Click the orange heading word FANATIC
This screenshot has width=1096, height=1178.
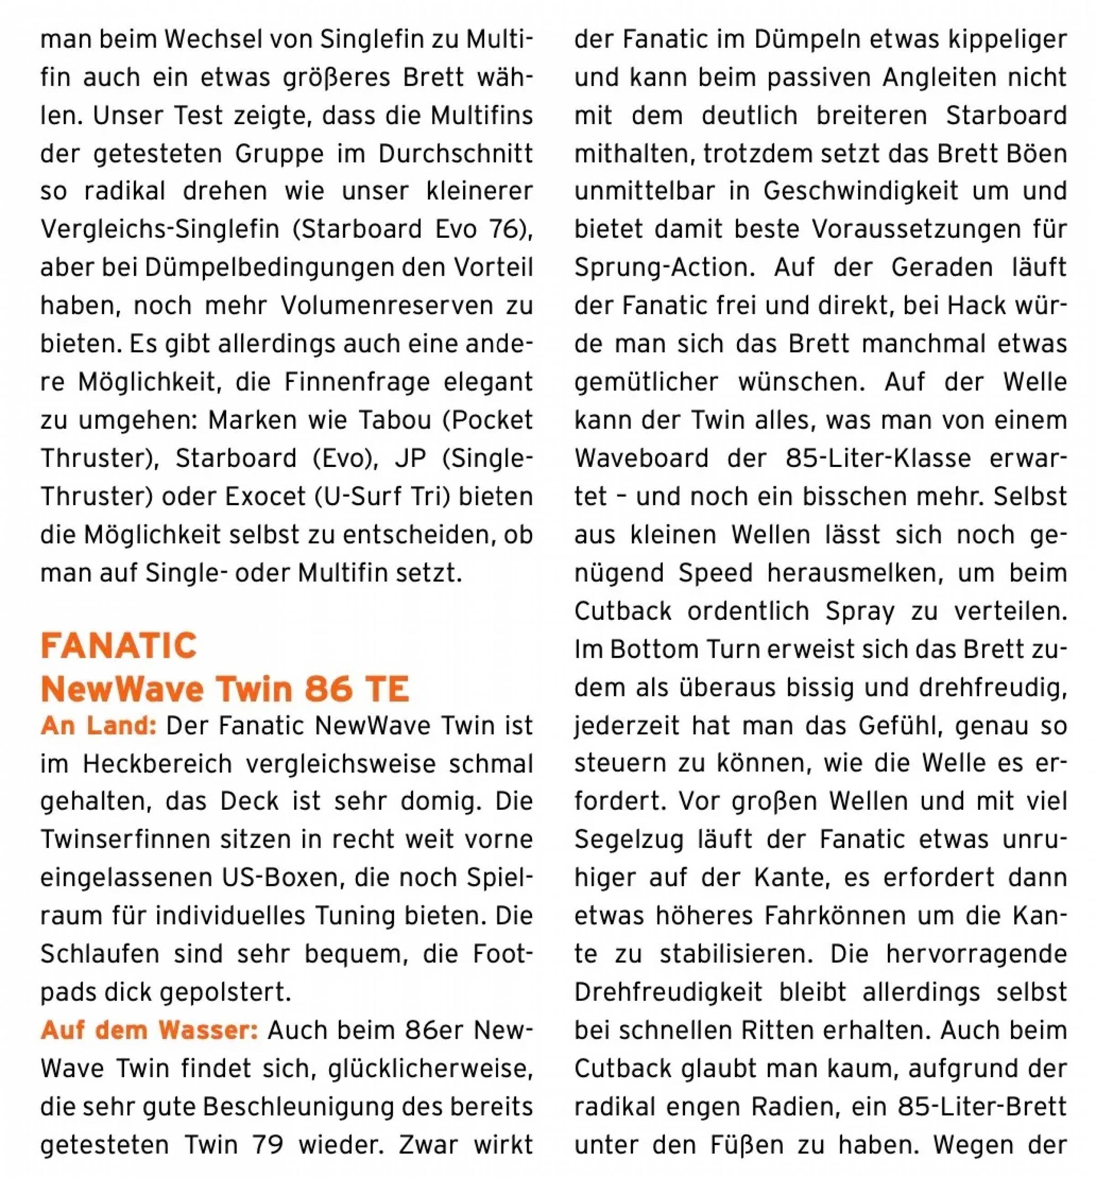click(x=119, y=646)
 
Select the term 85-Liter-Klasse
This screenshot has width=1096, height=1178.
click(x=878, y=459)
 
